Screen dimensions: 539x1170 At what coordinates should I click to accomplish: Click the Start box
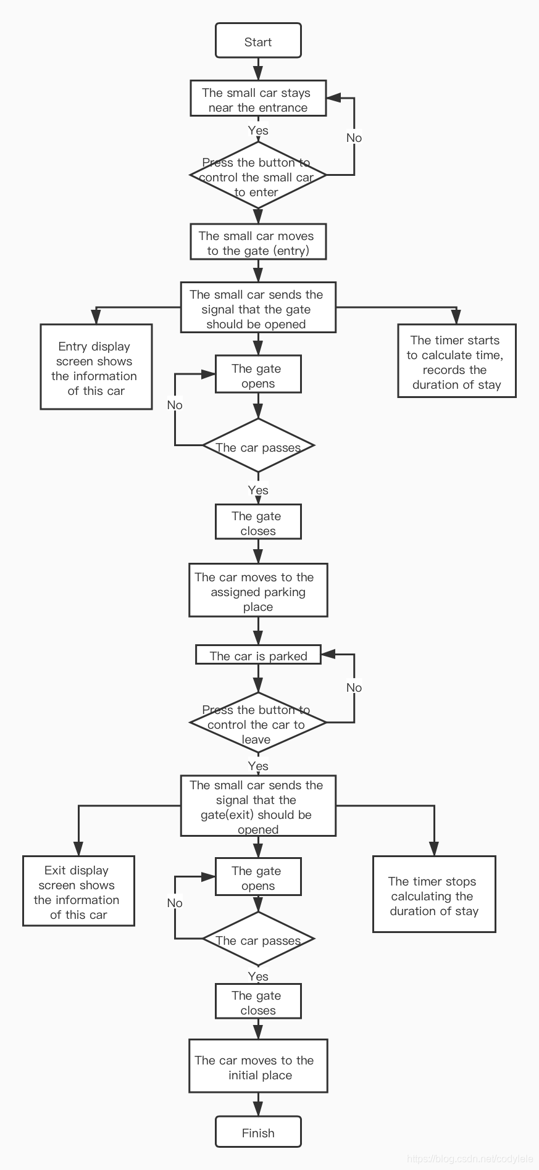[258, 41]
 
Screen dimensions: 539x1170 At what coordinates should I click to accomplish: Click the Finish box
[258, 1132]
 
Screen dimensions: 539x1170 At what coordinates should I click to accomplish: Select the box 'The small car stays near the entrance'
[258, 98]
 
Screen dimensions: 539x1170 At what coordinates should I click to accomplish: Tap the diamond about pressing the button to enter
[258, 175]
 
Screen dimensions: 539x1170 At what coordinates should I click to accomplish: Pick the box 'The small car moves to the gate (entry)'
[258, 242]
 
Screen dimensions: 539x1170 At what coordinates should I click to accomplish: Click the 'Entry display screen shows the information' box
[96, 367]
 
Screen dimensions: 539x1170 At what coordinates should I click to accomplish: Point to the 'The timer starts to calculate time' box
[456, 360]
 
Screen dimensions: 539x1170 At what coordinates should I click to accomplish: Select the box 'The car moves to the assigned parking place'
[258, 590]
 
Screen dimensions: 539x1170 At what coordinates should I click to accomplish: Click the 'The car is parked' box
[258, 654]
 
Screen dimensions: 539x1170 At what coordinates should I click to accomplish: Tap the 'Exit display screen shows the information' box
[78, 890]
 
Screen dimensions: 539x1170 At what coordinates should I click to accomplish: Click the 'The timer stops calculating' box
[434, 894]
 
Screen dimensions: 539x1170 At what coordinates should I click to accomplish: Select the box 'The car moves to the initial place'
[258, 1066]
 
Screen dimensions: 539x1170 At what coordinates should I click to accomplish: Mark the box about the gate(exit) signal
[258, 805]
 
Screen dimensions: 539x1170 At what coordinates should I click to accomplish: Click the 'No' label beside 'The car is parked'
[354, 687]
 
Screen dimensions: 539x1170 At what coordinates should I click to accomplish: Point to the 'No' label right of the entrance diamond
[354, 137]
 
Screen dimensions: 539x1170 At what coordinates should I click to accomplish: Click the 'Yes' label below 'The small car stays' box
[258, 130]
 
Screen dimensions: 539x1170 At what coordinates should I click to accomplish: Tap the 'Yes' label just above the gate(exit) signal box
[258, 765]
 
